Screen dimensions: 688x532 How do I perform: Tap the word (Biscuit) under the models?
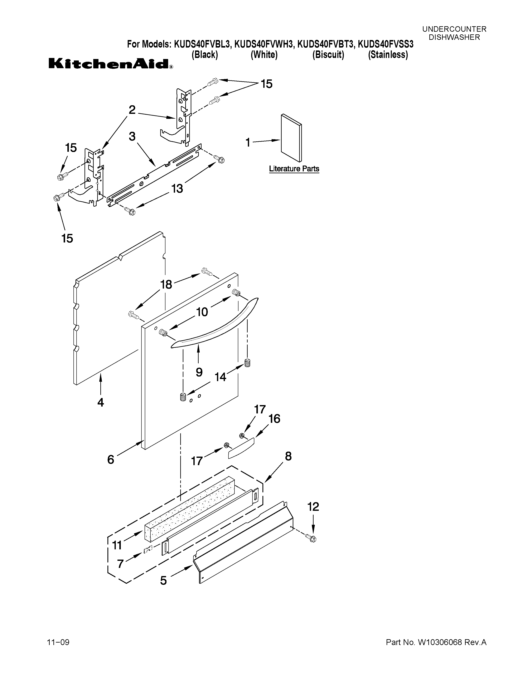point(328,55)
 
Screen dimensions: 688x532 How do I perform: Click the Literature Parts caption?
point(294,169)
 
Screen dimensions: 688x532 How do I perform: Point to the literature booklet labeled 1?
point(291,138)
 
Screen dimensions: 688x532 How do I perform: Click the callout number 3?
point(132,136)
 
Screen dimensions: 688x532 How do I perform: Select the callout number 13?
point(177,189)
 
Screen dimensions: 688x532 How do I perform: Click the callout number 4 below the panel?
point(101,402)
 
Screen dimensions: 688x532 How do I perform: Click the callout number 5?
point(163,580)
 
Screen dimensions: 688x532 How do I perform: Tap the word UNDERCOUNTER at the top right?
point(454,29)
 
